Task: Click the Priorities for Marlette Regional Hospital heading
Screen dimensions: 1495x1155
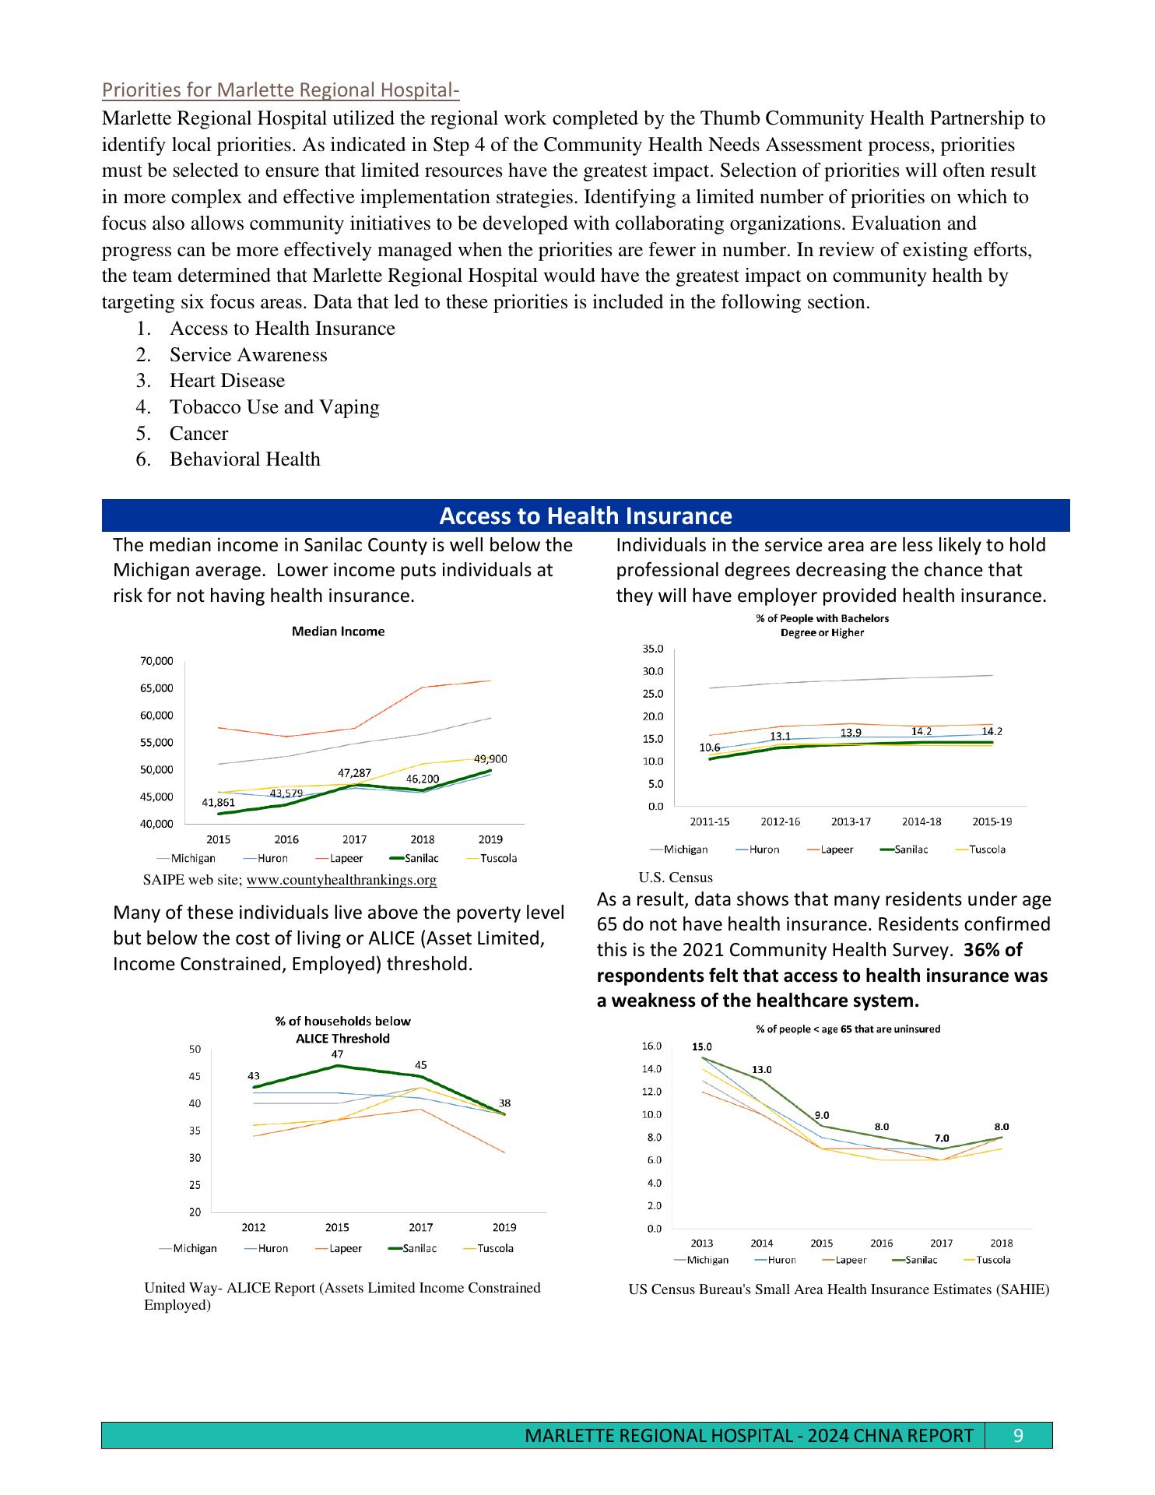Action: pyautogui.click(x=280, y=91)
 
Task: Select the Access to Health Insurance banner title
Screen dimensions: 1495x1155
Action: pyautogui.click(x=585, y=516)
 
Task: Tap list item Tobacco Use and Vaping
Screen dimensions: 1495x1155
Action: pyautogui.click(x=274, y=407)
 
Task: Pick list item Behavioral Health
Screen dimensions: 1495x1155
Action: pyautogui.click(x=244, y=459)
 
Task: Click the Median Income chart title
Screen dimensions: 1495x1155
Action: pyautogui.click(x=338, y=631)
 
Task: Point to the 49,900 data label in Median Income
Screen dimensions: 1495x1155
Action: pyautogui.click(x=490, y=759)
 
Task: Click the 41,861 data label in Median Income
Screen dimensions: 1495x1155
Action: pyautogui.click(x=218, y=803)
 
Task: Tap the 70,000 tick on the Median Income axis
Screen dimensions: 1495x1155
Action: pyautogui.click(x=156, y=661)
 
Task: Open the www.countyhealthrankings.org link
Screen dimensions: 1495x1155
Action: pyautogui.click(x=341, y=880)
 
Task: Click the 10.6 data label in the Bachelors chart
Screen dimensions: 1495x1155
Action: pyautogui.click(x=709, y=748)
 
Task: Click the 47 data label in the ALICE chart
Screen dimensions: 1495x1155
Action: pyautogui.click(x=338, y=1054)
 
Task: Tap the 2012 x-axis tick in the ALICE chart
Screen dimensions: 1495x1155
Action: pyautogui.click(x=253, y=1227)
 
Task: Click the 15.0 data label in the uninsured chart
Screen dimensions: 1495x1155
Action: pyautogui.click(x=702, y=1046)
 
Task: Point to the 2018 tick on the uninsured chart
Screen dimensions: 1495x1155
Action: pyautogui.click(x=1002, y=1243)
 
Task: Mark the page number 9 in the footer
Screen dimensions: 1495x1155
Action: pyautogui.click(x=1018, y=1435)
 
